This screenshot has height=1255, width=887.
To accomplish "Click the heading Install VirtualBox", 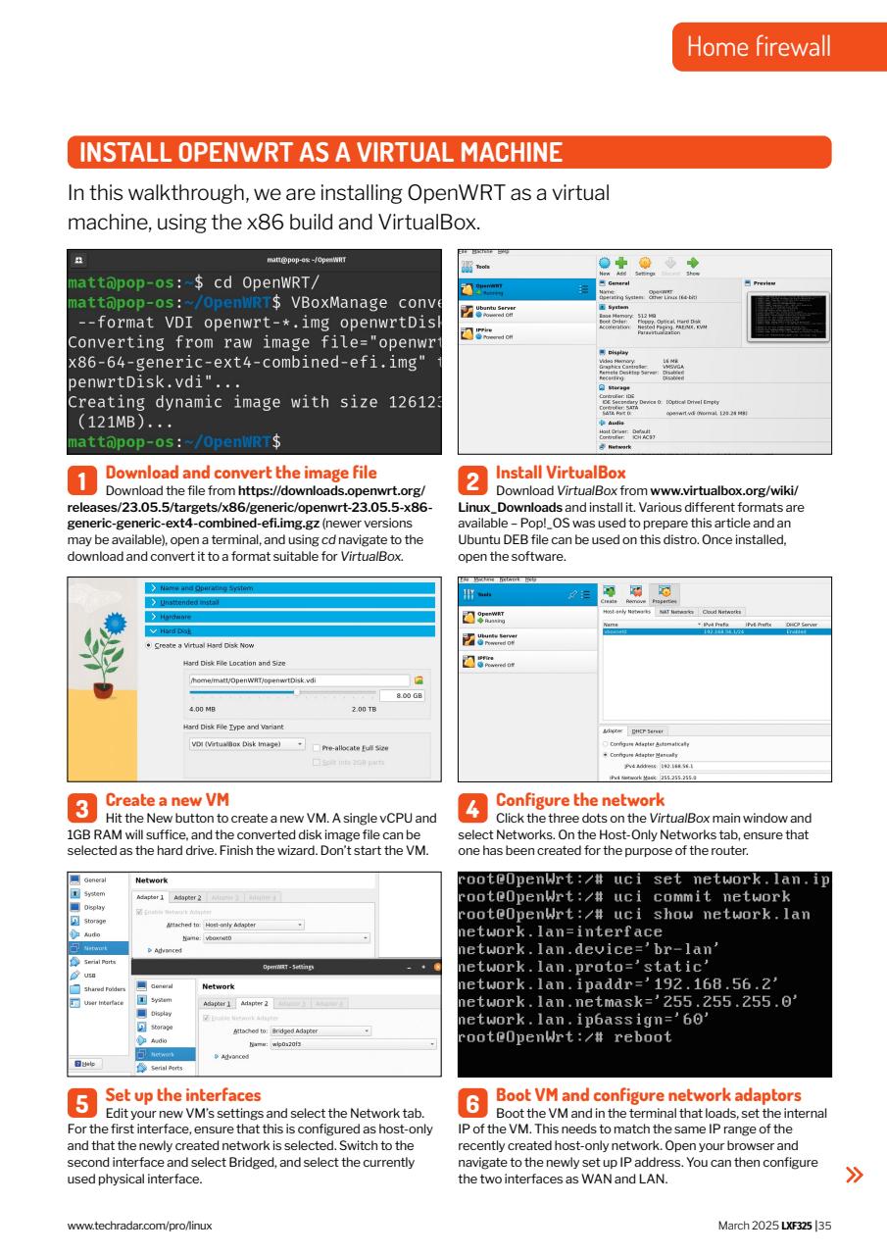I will pyautogui.click(x=561, y=472).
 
